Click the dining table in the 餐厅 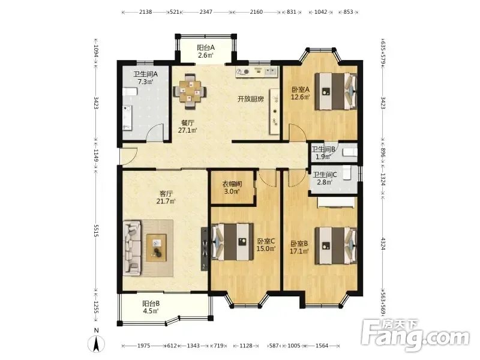[x=190, y=91]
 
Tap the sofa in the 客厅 [x=132, y=248]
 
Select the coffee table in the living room [x=157, y=248]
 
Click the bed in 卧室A [x=336, y=91]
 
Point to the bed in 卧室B [x=336, y=245]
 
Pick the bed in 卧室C [x=232, y=242]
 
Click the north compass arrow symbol [x=96, y=343]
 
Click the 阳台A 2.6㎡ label [x=206, y=52]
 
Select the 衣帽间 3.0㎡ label [x=232, y=188]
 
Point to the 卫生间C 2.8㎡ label [x=325, y=178]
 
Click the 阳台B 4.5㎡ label [x=151, y=307]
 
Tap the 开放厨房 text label [x=251, y=99]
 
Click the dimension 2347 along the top [x=206, y=12]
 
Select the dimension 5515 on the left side [x=96, y=230]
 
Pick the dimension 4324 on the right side [x=383, y=244]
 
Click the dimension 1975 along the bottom [x=143, y=346]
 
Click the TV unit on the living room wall [x=204, y=248]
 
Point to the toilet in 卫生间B [x=349, y=152]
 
